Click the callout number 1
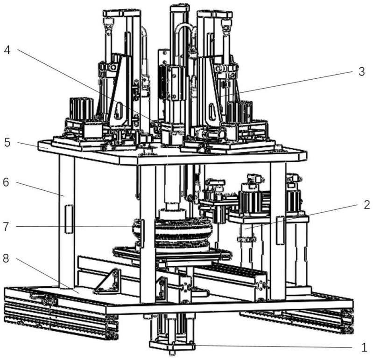coord(364,348)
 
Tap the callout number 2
coord(367,205)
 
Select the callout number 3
coord(362,71)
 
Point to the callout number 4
coord(7,50)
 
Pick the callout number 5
coord(7,143)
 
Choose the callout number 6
coord(6,182)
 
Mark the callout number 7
coord(6,227)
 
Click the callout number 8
coord(6,258)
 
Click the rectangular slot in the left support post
coord(69,219)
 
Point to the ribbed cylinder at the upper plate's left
coord(81,109)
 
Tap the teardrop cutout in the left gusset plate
coord(118,111)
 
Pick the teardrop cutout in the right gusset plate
coord(212,111)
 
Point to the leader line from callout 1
coord(273,346)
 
